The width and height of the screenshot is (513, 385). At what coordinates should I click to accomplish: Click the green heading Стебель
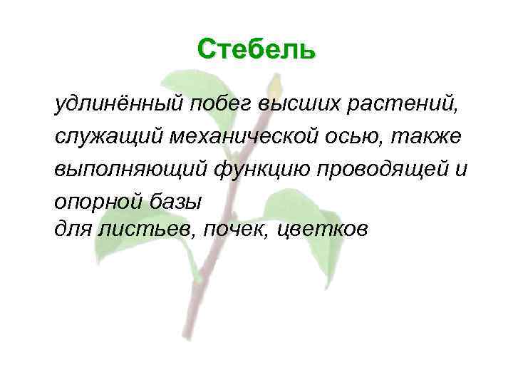256,49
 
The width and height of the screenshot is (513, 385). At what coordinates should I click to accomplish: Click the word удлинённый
119,106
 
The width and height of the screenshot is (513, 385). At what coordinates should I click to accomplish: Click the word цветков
329,229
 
